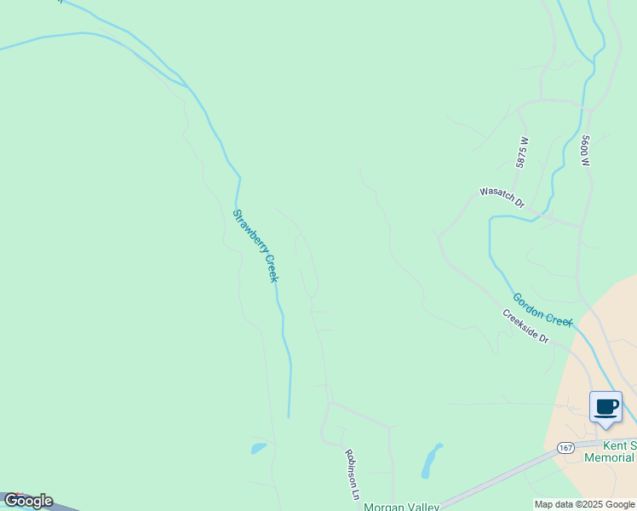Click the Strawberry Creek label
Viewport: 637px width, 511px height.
click(255, 246)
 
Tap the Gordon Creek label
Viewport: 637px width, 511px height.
click(542, 309)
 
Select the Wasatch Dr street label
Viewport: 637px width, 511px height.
click(502, 198)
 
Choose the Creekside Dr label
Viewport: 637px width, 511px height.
click(525, 326)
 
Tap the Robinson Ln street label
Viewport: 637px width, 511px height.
click(351, 474)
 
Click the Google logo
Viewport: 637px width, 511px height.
click(28, 501)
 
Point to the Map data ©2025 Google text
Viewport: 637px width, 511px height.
click(585, 504)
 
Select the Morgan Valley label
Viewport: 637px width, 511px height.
click(401, 507)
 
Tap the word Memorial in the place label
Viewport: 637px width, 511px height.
click(610, 457)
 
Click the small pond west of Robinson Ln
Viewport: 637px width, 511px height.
click(258, 448)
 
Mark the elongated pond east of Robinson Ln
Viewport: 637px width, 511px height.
click(432, 461)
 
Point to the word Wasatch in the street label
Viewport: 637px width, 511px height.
click(496, 196)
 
